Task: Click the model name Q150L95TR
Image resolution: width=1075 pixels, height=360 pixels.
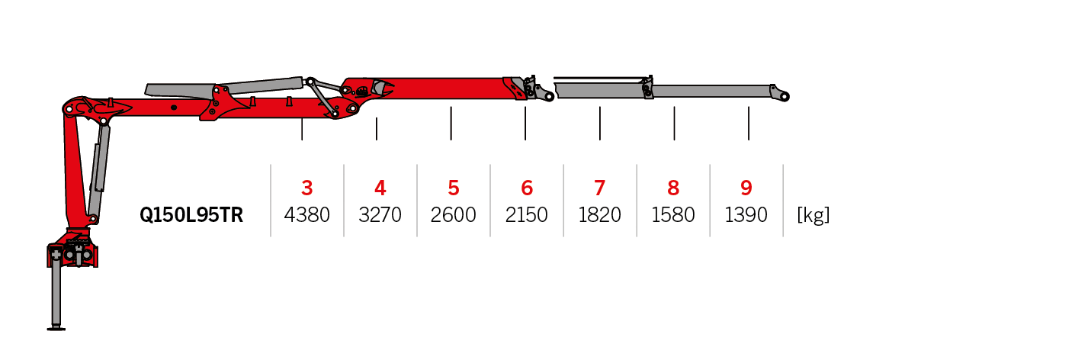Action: pyautogui.click(x=191, y=216)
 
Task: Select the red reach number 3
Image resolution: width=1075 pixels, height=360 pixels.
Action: pyautogui.click(x=307, y=188)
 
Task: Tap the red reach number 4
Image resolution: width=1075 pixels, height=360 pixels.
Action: pyautogui.click(x=380, y=188)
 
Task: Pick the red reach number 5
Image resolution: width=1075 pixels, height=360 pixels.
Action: pyautogui.click(x=454, y=188)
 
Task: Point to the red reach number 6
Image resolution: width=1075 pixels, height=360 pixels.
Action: pyautogui.click(x=527, y=188)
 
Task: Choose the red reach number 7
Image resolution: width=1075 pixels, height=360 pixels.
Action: pyautogui.click(x=600, y=188)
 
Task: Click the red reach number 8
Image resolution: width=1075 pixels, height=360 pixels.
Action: pyautogui.click(x=673, y=188)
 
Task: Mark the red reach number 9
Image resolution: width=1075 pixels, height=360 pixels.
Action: pyautogui.click(x=746, y=188)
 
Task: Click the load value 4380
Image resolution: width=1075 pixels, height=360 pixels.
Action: pyautogui.click(x=307, y=216)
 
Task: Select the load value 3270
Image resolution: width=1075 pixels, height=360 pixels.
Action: pyautogui.click(x=380, y=216)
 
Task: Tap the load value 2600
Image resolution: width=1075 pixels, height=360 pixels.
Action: pyautogui.click(x=454, y=216)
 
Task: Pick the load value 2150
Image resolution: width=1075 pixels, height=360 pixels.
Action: pyautogui.click(x=527, y=216)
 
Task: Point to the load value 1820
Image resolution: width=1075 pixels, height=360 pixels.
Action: pyautogui.click(x=600, y=216)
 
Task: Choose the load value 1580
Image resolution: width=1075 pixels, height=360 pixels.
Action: pyautogui.click(x=673, y=216)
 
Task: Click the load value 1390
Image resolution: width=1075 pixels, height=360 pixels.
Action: pyautogui.click(x=746, y=216)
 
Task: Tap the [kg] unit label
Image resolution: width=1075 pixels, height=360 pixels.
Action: pyautogui.click(x=813, y=216)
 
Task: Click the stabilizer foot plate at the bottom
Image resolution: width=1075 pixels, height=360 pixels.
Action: pyautogui.click(x=56, y=329)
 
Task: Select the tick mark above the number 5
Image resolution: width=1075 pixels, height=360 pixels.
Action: pyautogui.click(x=451, y=124)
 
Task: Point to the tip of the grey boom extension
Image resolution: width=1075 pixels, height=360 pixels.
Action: pyautogui.click(x=785, y=96)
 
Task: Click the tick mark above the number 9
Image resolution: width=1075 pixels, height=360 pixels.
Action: pyautogui.click(x=749, y=124)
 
